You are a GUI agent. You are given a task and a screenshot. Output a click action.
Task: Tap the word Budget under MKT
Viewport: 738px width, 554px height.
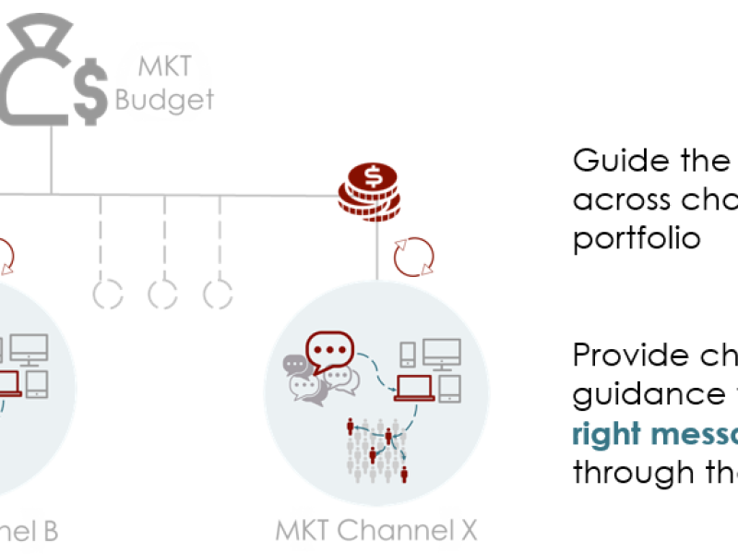[164, 100]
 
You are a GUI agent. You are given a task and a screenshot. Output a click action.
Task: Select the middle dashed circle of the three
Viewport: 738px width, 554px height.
[163, 294]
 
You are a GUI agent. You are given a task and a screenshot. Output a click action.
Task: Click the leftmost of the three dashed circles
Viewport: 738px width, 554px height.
[108, 294]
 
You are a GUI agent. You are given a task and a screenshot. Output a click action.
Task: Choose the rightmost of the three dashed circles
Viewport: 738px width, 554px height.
[219, 294]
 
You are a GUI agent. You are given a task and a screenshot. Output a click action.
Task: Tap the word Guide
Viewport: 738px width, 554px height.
[611, 162]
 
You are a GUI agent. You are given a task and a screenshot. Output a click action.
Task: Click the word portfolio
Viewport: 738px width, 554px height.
[634, 238]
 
